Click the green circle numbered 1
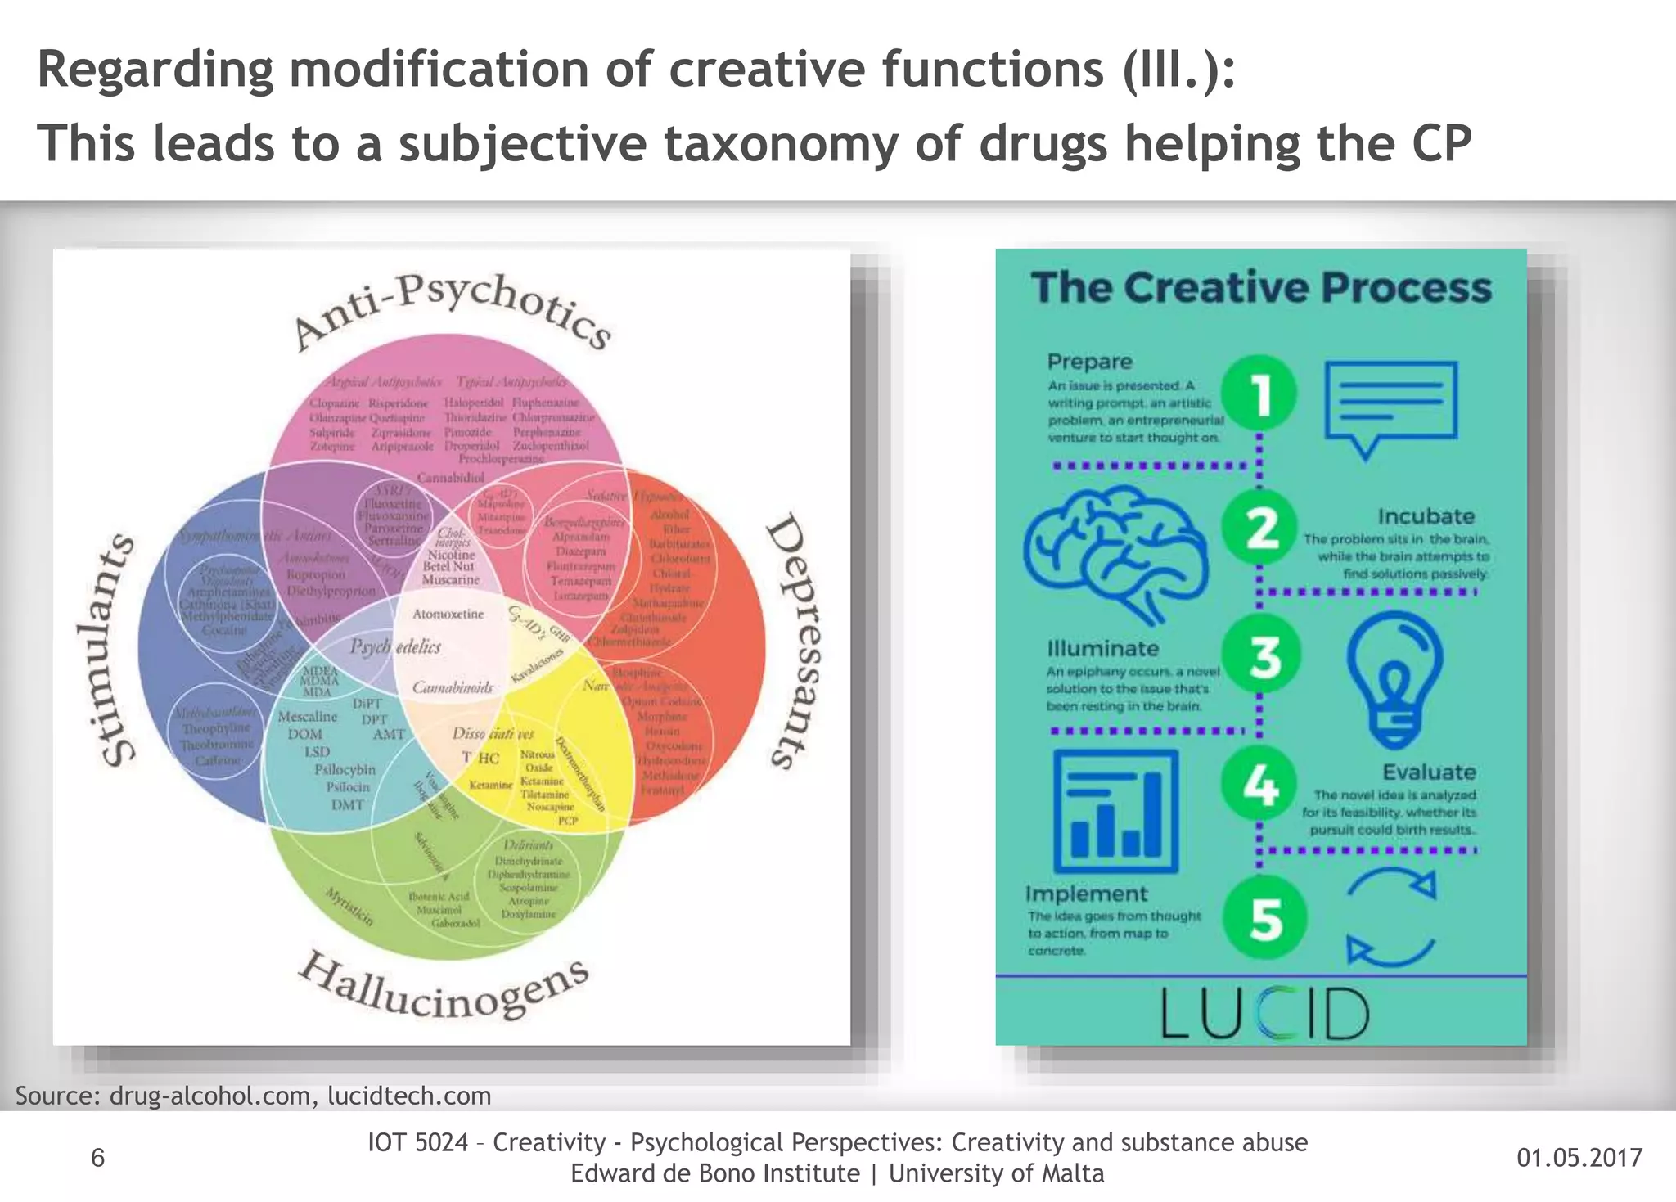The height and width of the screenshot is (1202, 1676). click(1260, 393)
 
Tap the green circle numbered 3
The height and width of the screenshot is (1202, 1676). click(1262, 657)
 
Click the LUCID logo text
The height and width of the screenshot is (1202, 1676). click(1264, 1013)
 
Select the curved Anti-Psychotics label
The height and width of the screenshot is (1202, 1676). click(453, 311)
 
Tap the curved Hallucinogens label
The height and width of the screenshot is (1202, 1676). click(443, 988)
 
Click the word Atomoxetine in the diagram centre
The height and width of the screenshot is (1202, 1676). click(448, 614)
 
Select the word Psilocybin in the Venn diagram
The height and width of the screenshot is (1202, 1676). click(345, 769)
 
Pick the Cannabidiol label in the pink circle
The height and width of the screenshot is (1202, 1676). click(451, 477)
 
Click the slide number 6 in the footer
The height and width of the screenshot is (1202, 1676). click(97, 1157)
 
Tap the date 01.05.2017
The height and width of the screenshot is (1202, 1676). click(1579, 1157)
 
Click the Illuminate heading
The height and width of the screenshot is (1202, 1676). click(1102, 648)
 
